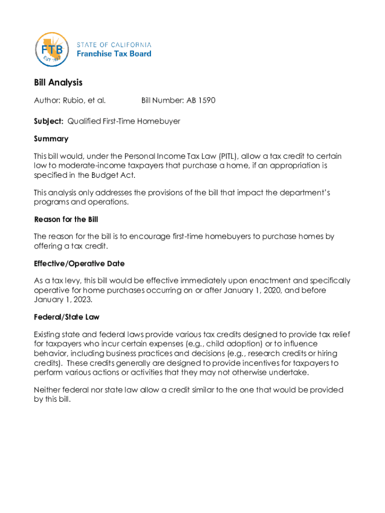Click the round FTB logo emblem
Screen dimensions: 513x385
click(51, 50)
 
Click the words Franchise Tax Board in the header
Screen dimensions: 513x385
click(113, 54)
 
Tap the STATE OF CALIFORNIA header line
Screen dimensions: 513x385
click(113, 45)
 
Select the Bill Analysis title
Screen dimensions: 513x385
click(58, 83)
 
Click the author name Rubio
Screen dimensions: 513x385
click(73, 101)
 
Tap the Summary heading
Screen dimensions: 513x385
click(51, 139)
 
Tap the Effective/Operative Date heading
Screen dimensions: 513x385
click(79, 264)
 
